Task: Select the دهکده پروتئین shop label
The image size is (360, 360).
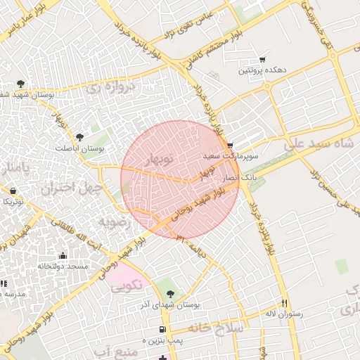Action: pyautogui.click(x=262, y=70)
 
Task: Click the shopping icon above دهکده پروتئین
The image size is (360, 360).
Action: pyautogui.click(x=262, y=60)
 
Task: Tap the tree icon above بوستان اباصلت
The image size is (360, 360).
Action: pyautogui.click(x=79, y=137)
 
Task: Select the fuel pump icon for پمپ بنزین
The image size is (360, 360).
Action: pyautogui.click(x=162, y=329)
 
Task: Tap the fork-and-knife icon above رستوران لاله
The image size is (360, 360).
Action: pyautogui.click(x=285, y=303)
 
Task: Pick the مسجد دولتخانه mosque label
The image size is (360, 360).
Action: pyautogui.click(x=63, y=266)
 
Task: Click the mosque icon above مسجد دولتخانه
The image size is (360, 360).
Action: pyautogui.click(x=63, y=256)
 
